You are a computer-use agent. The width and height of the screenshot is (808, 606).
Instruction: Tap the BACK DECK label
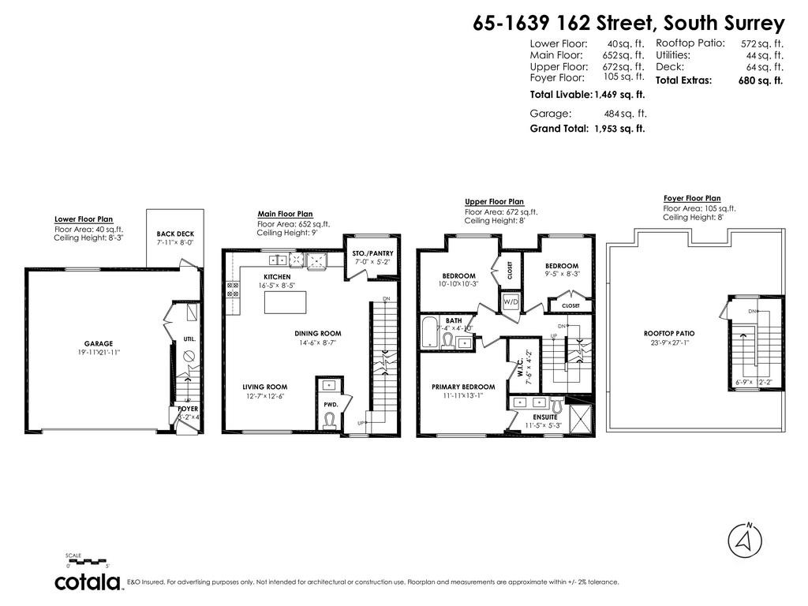175,234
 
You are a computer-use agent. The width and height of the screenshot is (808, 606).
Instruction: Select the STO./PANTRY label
372,253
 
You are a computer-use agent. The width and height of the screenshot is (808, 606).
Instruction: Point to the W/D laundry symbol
510,302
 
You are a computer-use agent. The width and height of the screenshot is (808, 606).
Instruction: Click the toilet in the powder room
330,420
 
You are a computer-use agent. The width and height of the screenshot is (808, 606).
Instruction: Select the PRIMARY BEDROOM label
463,387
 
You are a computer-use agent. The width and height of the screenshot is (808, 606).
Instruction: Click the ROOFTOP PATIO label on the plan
669,333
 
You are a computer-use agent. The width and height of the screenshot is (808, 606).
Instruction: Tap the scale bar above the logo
88,562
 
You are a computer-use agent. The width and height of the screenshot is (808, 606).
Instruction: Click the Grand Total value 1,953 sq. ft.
619,129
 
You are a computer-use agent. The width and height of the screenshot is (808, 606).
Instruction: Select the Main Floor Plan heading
285,214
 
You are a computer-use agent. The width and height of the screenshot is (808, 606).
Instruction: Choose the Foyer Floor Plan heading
691,199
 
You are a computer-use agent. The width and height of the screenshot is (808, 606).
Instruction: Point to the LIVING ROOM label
264,387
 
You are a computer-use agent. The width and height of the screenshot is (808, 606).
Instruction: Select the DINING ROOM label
318,334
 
